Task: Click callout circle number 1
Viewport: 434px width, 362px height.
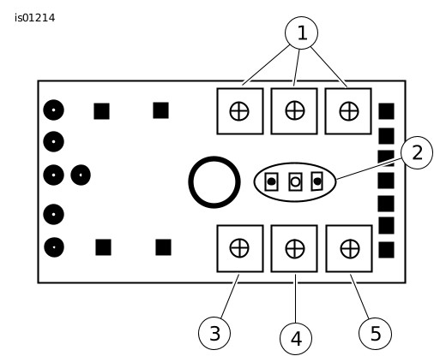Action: point(301,33)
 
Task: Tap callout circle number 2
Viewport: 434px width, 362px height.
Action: point(417,152)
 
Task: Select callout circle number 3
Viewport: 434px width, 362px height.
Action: point(214,333)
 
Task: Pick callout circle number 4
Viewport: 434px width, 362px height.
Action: point(296,339)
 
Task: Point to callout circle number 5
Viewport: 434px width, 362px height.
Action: point(375,333)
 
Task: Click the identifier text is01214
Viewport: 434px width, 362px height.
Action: point(34,18)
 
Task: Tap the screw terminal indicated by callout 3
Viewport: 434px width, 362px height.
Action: point(240,248)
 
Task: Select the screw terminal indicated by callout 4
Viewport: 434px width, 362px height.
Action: point(294,248)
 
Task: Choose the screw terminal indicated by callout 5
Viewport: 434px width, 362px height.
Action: point(349,248)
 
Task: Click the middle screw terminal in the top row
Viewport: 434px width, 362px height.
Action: point(294,111)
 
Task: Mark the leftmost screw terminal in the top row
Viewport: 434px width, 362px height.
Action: point(240,111)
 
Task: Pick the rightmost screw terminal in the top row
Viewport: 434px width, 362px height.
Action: point(348,111)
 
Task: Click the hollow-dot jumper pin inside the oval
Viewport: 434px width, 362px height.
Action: point(295,181)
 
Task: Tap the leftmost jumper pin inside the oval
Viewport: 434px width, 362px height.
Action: point(271,181)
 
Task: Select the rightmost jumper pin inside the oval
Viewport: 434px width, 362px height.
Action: point(317,181)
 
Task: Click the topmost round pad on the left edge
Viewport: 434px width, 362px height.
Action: point(53,110)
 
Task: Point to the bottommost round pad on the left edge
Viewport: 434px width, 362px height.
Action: point(54,247)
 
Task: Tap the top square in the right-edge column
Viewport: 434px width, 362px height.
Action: point(387,111)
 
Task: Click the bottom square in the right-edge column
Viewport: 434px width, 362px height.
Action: point(387,250)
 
